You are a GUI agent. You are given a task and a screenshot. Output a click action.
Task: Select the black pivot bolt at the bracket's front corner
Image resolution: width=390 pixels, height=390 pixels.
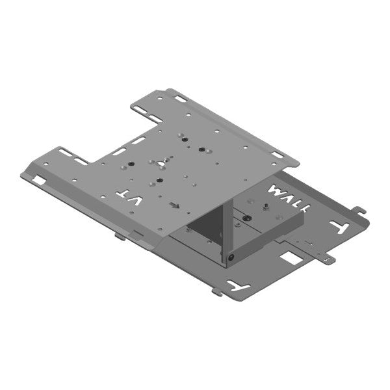[x=231, y=259]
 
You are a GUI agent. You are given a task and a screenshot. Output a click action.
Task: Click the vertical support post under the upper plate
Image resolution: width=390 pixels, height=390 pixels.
[x=224, y=227]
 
